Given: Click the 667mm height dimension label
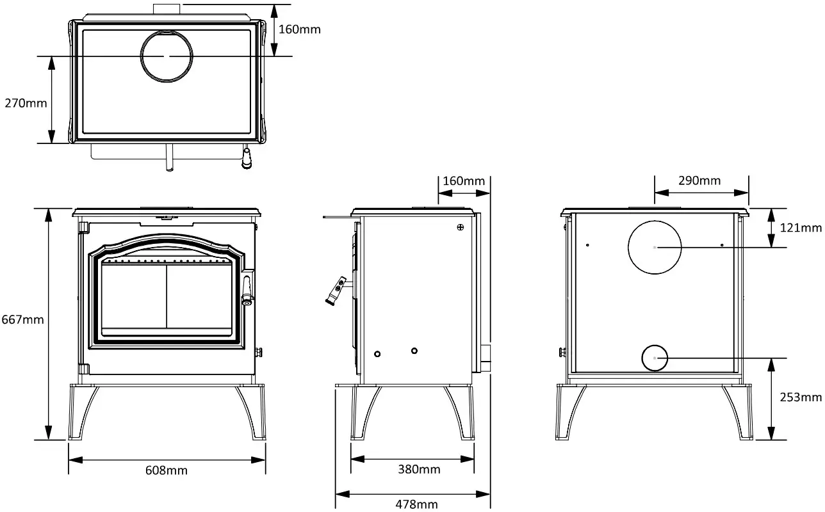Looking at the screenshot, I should tap(22, 319).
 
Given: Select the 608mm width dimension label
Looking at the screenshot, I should tap(167, 470).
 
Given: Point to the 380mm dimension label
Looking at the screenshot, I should tap(420, 469).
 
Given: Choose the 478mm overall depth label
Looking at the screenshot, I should tap(417, 504).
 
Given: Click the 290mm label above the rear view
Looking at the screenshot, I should tap(700, 180).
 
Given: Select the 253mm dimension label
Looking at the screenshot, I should tap(800, 397).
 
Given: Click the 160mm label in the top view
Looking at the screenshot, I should tap(300, 29).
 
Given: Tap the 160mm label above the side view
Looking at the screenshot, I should tap(464, 180).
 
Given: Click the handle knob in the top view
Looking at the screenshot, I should tap(246, 160).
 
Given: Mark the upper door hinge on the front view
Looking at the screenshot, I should tap(83, 227).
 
